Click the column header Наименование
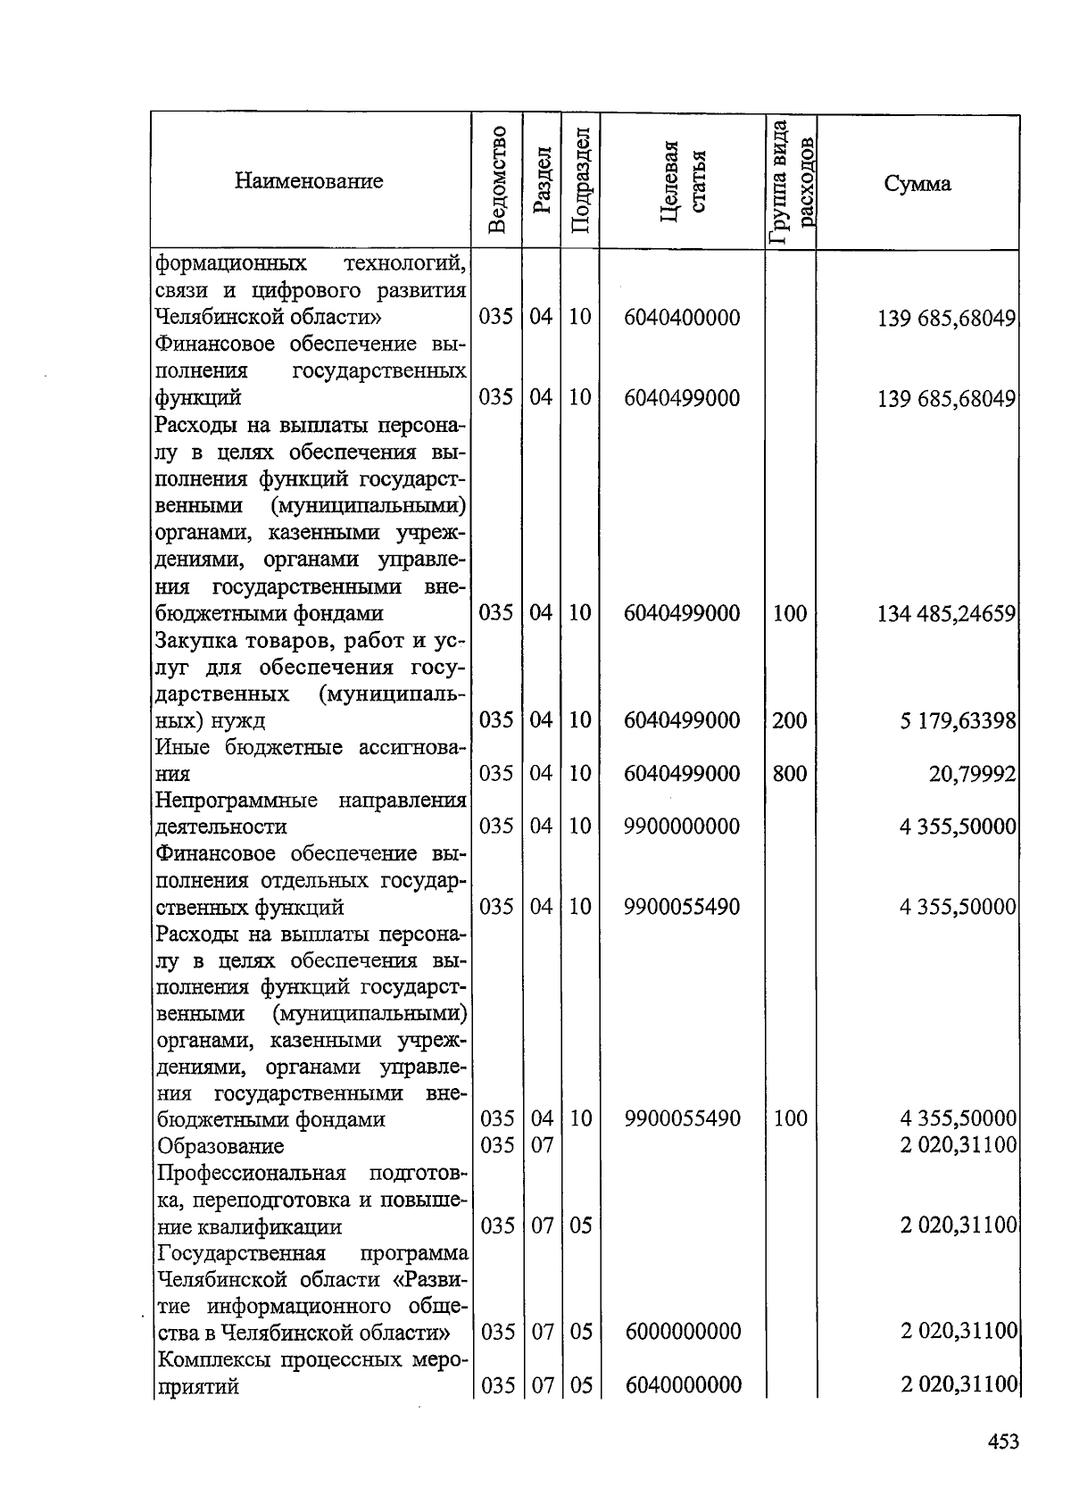(309, 181)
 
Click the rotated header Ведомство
(498, 181)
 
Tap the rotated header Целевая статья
(683, 183)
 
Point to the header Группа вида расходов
(791, 183)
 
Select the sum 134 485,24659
(947, 613)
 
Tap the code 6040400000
(682, 318)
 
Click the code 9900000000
(682, 827)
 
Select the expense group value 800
(790, 774)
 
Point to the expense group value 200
(790, 720)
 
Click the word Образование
(220, 1145)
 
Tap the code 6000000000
(683, 1332)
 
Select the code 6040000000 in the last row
(683, 1385)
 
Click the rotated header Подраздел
(580, 181)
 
